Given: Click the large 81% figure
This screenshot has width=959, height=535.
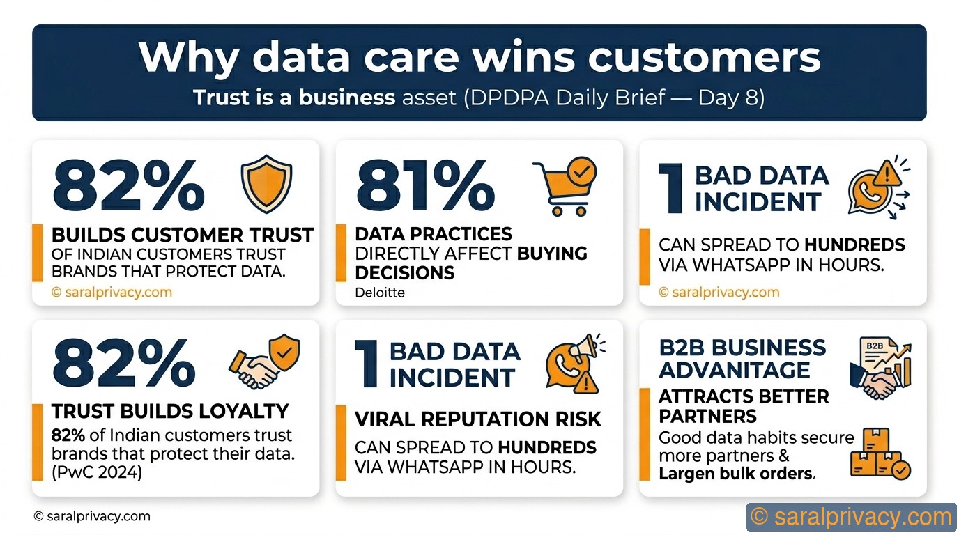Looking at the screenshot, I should (x=425, y=186).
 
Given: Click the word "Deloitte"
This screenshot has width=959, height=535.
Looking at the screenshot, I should (x=380, y=293).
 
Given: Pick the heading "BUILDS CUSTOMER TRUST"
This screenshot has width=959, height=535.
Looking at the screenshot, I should (x=183, y=235).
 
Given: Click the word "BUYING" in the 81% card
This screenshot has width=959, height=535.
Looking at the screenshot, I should (x=551, y=253).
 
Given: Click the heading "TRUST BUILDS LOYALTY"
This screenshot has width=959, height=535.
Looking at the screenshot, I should (x=170, y=411).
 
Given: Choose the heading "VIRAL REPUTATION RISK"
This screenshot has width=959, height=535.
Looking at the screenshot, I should (x=478, y=419).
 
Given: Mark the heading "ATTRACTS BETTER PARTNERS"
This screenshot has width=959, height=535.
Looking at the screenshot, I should (x=744, y=406).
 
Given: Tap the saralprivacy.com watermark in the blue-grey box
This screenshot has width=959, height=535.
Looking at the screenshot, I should (x=852, y=518).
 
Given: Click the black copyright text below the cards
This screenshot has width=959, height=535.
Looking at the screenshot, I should (x=91, y=516).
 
